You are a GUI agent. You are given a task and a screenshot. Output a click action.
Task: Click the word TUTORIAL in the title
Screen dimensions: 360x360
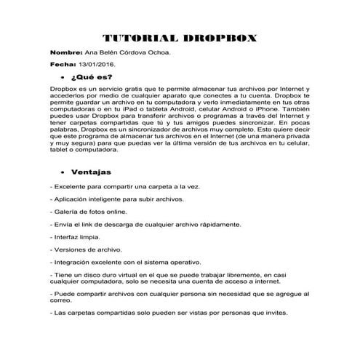[x=136, y=39]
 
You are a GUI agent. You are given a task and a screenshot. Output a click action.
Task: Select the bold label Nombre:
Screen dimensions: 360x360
[x=67, y=54]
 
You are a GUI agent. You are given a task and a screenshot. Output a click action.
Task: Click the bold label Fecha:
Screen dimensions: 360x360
[x=63, y=65]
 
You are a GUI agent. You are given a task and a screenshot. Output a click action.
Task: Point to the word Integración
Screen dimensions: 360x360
[x=73, y=262]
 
